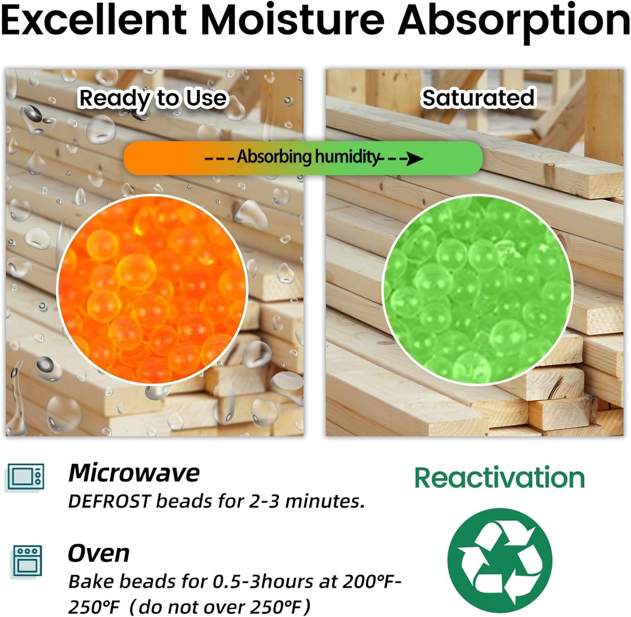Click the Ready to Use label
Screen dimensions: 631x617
(153, 98)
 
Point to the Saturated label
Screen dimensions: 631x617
(478, 97)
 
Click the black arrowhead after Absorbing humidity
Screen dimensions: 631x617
(415, 159)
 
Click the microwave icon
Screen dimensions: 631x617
(25, 478)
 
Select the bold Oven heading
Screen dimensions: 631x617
(99, 553)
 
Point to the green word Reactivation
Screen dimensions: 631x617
(500, 478)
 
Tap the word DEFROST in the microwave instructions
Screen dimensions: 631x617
(110, 502)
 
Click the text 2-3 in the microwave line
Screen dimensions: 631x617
(263, 502)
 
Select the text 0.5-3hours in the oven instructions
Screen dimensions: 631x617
(263, 582)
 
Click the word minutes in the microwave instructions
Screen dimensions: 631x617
(325, 502)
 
